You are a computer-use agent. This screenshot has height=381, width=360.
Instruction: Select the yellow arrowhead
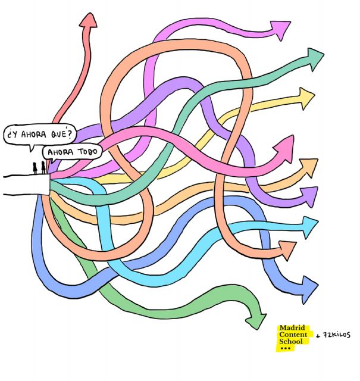click(306, 96)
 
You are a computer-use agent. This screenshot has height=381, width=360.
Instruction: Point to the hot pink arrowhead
click(284, 146)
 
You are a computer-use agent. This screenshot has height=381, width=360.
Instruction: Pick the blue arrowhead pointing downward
click(309, 282)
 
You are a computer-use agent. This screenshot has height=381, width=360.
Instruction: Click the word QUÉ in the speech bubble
click(62, 133)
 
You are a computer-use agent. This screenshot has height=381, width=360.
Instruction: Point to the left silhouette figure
click(35, 168)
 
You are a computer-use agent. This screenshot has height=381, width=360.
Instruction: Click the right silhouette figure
click(43, 167)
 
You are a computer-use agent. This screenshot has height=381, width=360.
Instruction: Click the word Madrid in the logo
click(292, 328)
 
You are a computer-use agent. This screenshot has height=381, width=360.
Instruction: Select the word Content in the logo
click(294, 335)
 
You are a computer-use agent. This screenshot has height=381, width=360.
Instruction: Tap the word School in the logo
click(291, 342)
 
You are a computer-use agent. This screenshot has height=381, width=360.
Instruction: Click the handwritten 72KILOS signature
click(336, 335)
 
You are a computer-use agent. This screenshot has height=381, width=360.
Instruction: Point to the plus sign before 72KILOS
click(318, 336)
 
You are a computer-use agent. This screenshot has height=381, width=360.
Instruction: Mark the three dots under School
click(285, 348)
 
